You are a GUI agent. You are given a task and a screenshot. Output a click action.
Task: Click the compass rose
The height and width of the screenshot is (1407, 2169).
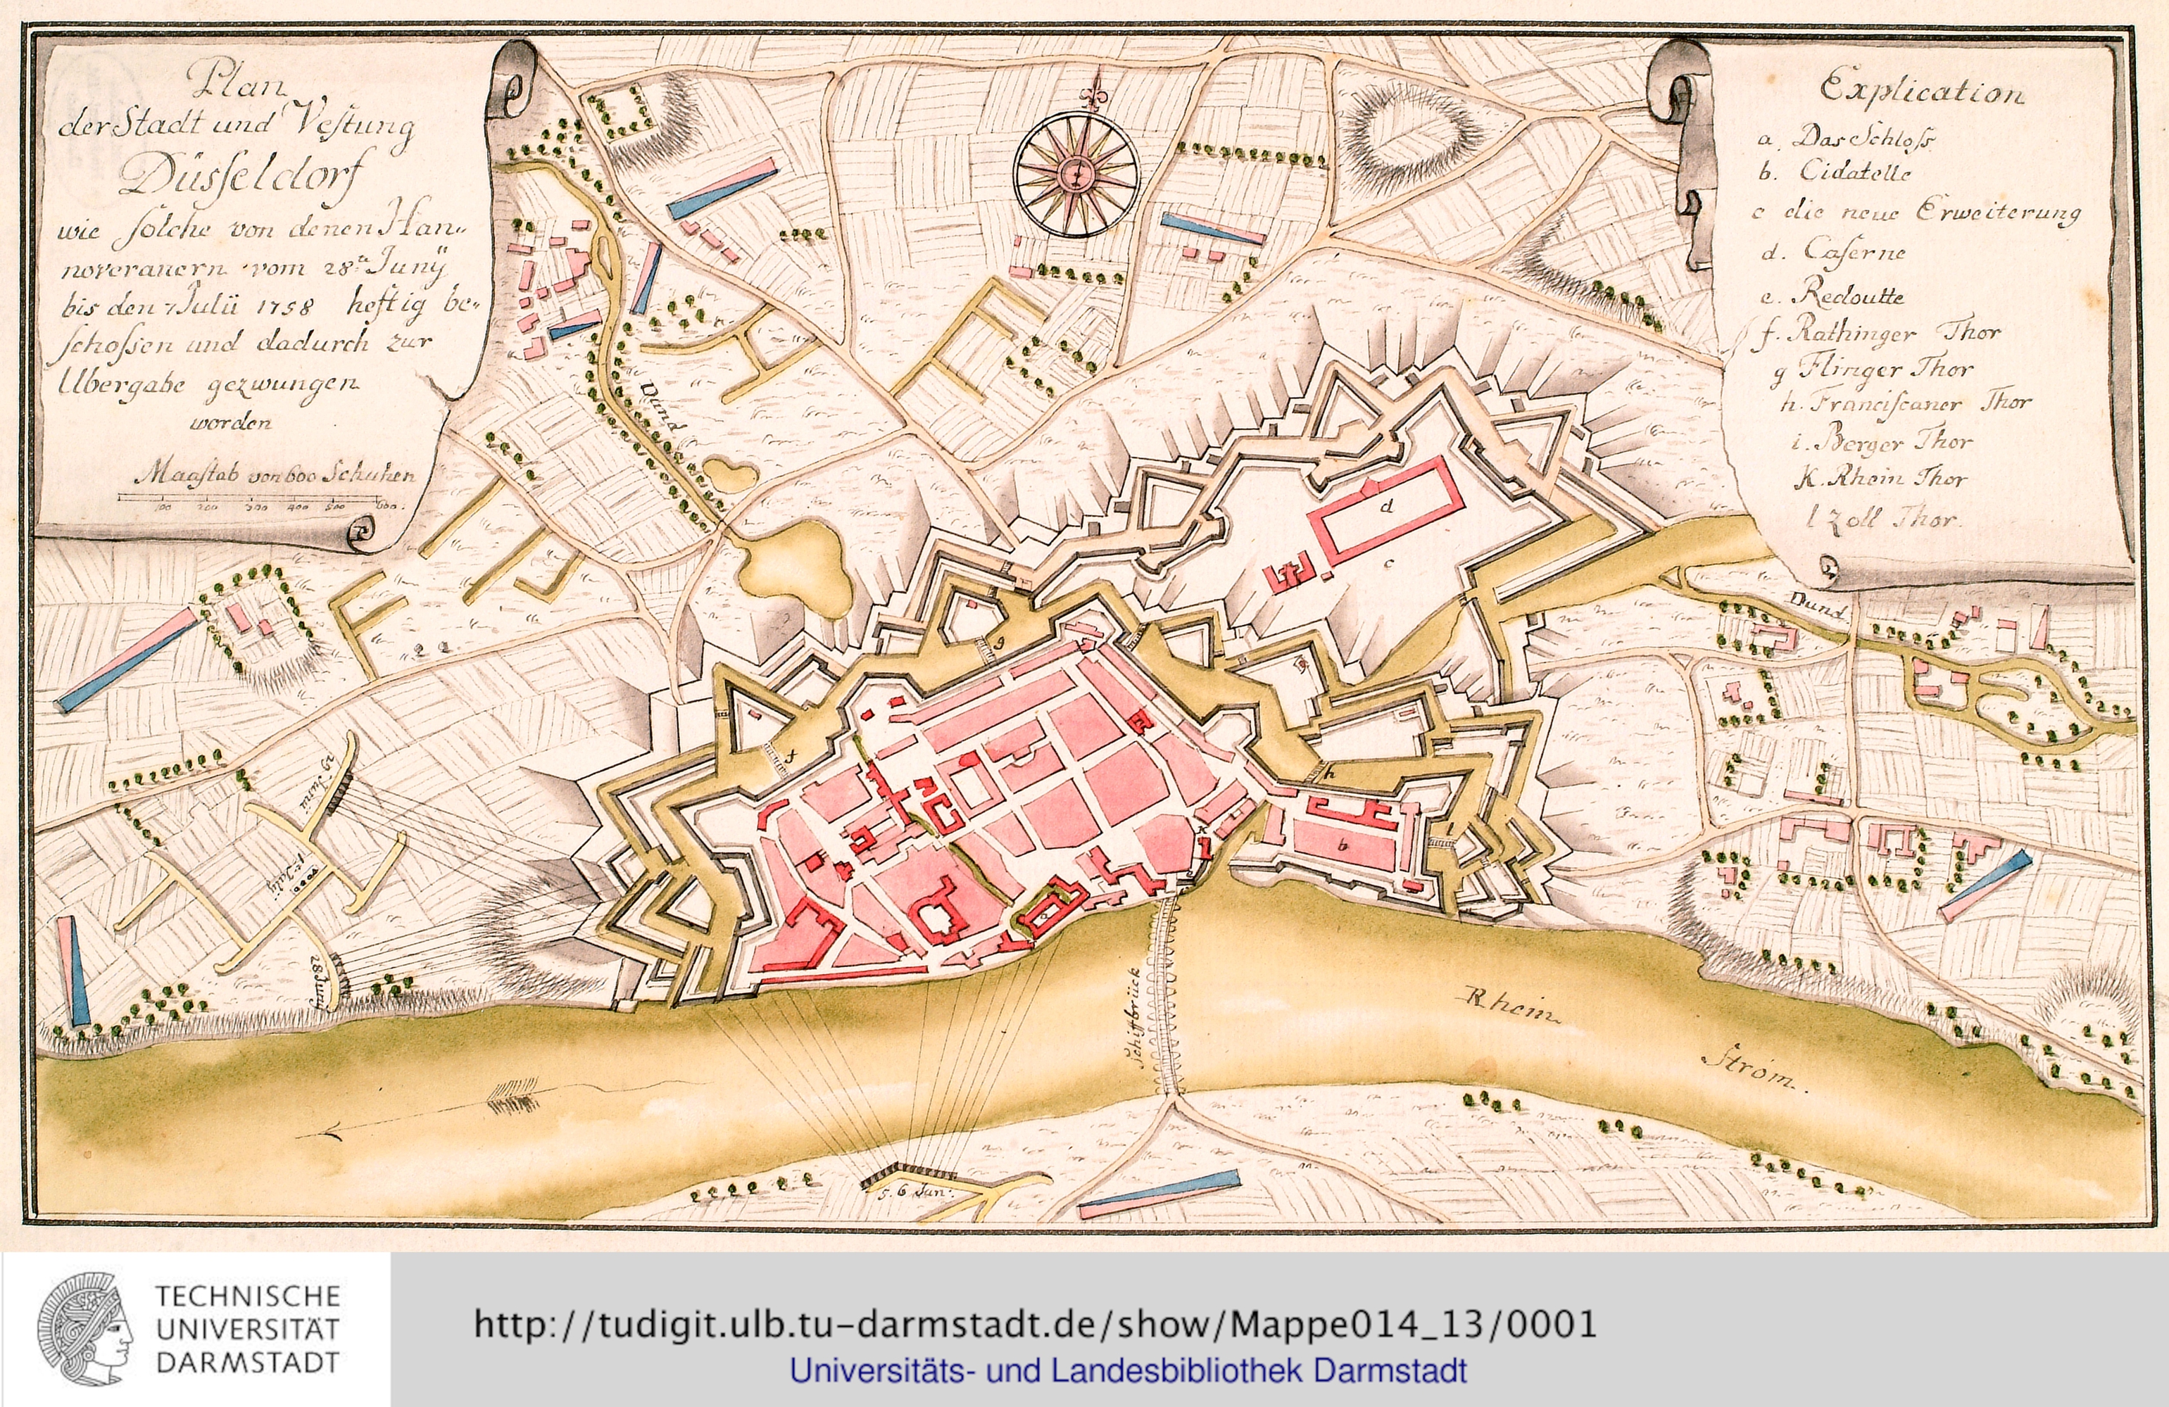click(1076, 173)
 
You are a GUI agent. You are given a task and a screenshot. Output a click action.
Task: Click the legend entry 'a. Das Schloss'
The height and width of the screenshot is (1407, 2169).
click(1849, 137)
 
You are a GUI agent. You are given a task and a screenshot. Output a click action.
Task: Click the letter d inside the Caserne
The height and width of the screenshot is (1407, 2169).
click(1386, 506)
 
